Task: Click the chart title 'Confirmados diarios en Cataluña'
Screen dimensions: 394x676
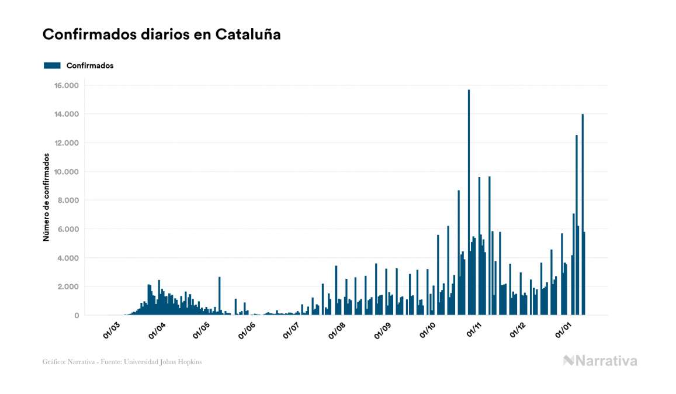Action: [x=161, y=34]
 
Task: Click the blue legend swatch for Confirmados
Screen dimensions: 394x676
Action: [x=52, y=65]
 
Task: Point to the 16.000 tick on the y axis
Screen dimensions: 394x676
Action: [x=66, y=85]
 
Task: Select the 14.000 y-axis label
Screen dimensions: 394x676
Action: [x=66, y=114]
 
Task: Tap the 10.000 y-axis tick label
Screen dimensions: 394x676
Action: [x=66, y=172]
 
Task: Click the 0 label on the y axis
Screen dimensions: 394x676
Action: [x=76, y=316]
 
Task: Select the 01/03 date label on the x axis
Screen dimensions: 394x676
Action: [x=112, y=330]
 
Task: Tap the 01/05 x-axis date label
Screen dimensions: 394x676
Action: [x=201, y=330]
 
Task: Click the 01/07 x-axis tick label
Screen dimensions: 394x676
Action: [x=292, y=330]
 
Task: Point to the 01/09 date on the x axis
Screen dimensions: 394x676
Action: [x=382, y=330]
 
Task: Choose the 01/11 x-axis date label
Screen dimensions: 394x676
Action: [x=473, y=330]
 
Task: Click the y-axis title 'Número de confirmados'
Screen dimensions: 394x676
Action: [x=46, y=198]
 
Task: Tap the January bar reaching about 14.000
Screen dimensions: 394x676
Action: [x=583, y=216]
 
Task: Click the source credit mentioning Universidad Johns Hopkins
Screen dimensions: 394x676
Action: [x=122, y=362]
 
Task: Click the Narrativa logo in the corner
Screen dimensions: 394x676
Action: [x=600, y=361]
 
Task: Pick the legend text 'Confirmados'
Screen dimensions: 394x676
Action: [x=90, y=65]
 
